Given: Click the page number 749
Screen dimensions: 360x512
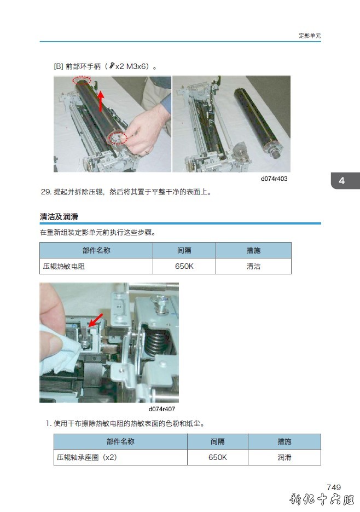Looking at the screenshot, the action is (x=334, y=487).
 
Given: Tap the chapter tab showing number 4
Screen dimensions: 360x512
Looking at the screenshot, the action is (x=345, y=181).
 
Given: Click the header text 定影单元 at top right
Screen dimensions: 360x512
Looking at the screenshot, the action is (x=310, y=36).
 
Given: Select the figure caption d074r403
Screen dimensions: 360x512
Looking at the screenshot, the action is (x=274, y=179).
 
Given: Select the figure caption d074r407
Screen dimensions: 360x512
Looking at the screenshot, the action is (x=162, y=409).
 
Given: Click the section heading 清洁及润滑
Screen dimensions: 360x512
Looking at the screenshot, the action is (x=59, y=216).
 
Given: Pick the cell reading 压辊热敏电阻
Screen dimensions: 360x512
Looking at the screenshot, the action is (x=64, y=266).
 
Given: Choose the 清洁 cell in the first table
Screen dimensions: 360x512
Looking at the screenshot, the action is (x=253, y=266).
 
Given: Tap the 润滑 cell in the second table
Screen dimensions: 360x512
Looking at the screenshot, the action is (x=284, y=457).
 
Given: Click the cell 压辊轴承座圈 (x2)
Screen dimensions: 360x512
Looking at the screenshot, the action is (x=87, y=457).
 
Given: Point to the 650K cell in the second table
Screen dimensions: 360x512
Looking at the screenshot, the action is (x=217, y=457).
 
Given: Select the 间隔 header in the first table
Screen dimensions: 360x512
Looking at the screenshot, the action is (x=184, y=250).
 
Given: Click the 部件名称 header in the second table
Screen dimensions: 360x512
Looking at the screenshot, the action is (x=120, y=441).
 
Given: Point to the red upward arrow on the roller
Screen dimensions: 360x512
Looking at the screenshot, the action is (x=101, y=101).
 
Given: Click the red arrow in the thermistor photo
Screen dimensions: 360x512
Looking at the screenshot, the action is (x=96, y=320).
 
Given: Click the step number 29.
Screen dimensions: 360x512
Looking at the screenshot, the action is (x=46, y=192).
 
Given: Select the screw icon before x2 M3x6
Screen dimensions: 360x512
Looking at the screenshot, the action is (x=112, y=66).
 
